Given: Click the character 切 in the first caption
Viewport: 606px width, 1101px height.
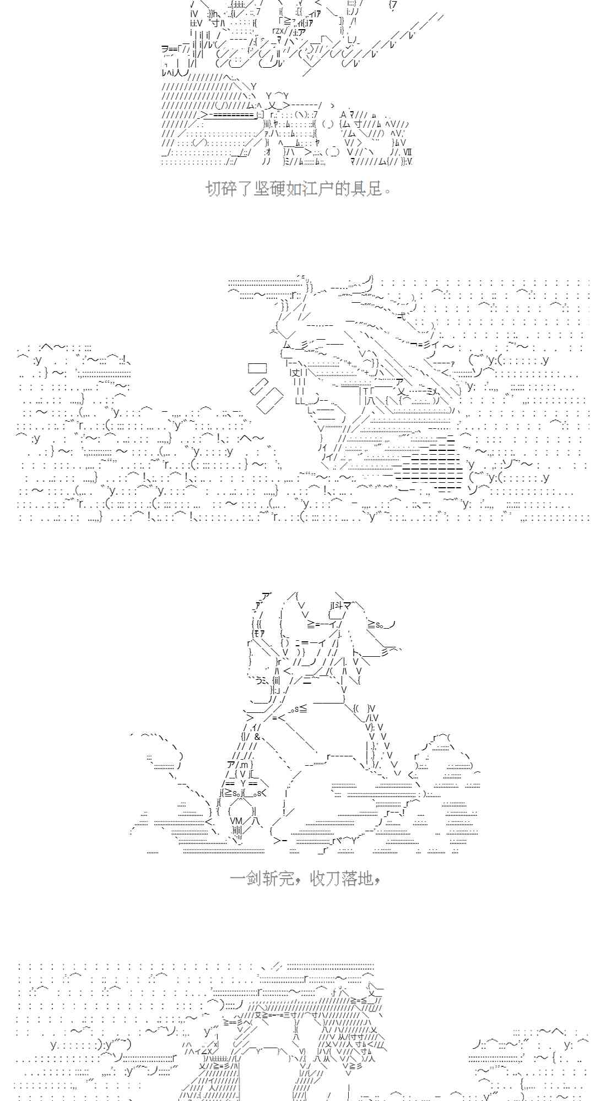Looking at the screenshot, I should point(214,189).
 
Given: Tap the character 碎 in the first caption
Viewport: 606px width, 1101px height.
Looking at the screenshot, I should point(230,189).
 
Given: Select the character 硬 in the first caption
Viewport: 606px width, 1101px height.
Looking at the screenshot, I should point(279,189).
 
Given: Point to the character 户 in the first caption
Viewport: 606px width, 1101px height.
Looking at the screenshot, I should point(326,189).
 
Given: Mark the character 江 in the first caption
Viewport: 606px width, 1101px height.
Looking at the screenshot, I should point(310,189).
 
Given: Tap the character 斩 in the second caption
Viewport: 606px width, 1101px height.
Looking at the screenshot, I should point(270,878).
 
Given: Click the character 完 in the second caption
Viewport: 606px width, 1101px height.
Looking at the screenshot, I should point(286,878).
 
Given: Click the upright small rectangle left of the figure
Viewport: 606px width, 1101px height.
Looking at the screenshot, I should point(257,368).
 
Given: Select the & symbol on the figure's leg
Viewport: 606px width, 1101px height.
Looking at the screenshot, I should point(257,737).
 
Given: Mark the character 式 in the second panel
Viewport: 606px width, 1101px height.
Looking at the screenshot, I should point(402,315).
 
